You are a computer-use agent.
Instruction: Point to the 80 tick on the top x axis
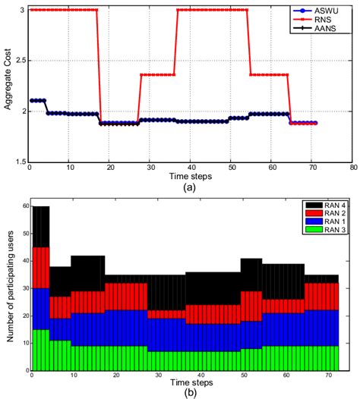click(x=352, y=168)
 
